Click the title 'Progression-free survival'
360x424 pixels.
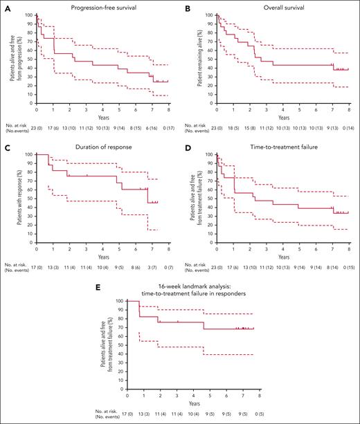tap(102, 7)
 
